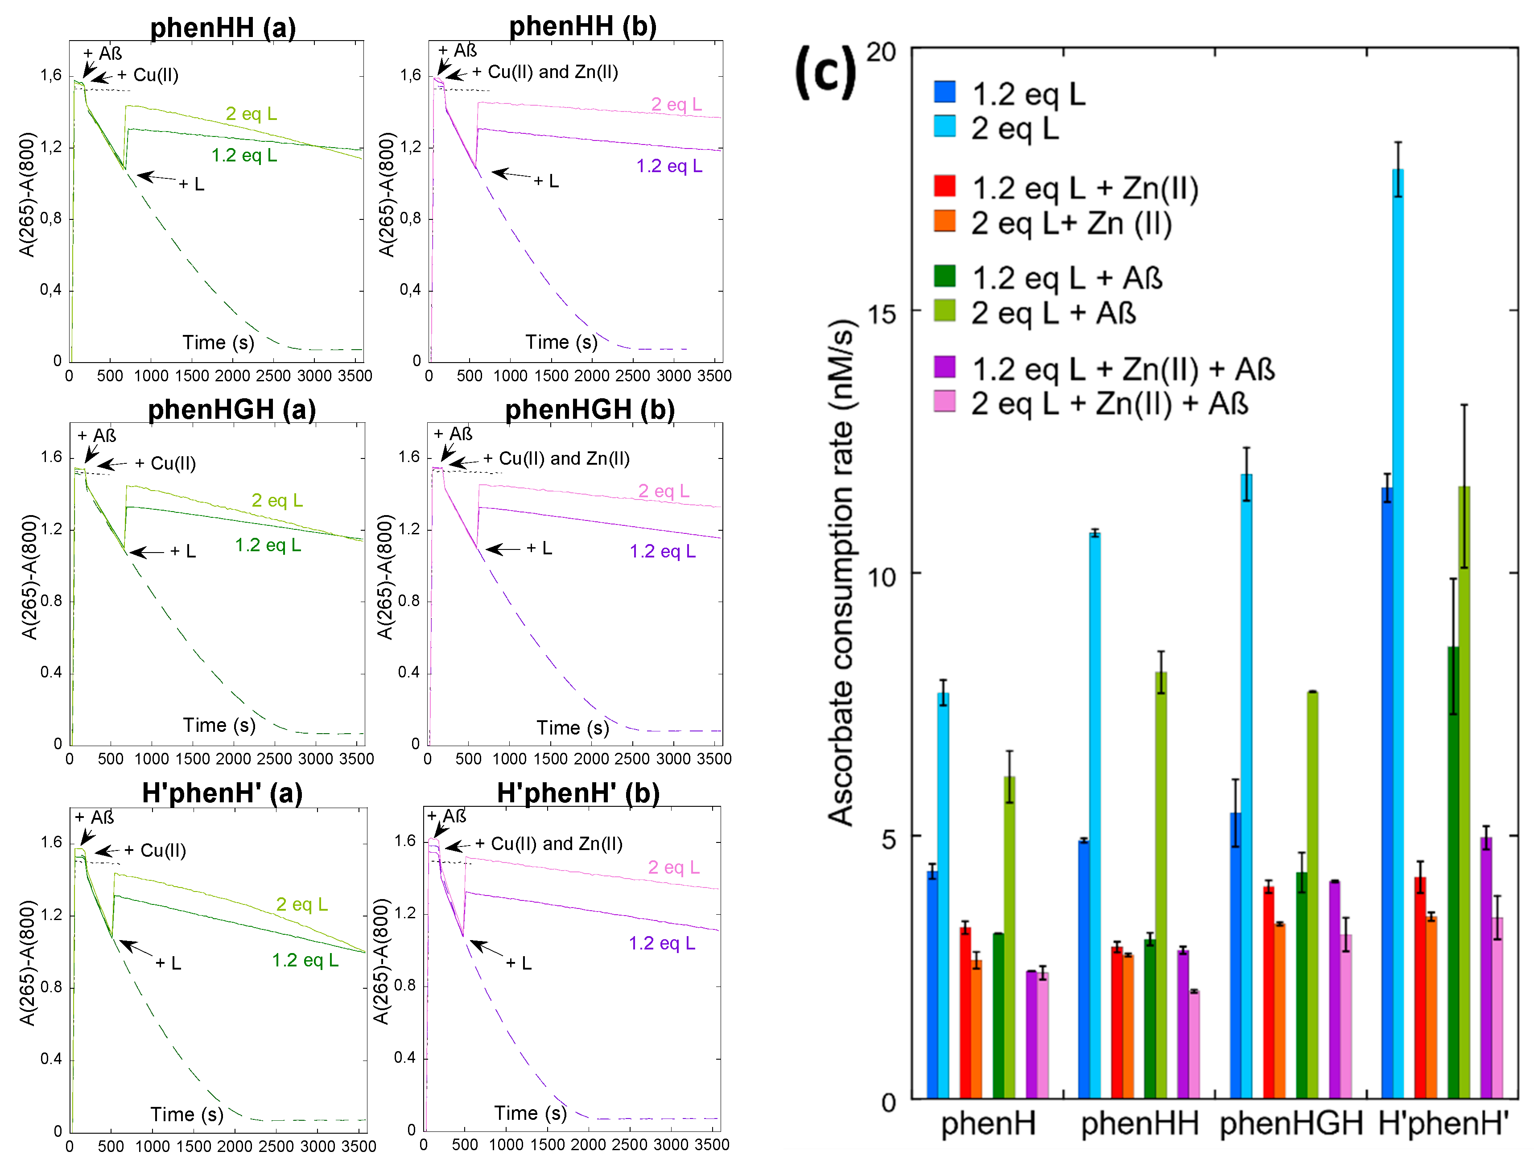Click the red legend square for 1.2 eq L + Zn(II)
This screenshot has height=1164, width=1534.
coord(944,186)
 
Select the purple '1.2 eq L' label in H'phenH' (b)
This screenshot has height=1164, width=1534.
coord(662,943)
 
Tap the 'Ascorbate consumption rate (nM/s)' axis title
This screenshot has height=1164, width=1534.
coord(841,572)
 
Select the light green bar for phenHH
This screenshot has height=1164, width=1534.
coord(1160,884)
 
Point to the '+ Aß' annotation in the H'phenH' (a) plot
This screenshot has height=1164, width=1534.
coord(95,817)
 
